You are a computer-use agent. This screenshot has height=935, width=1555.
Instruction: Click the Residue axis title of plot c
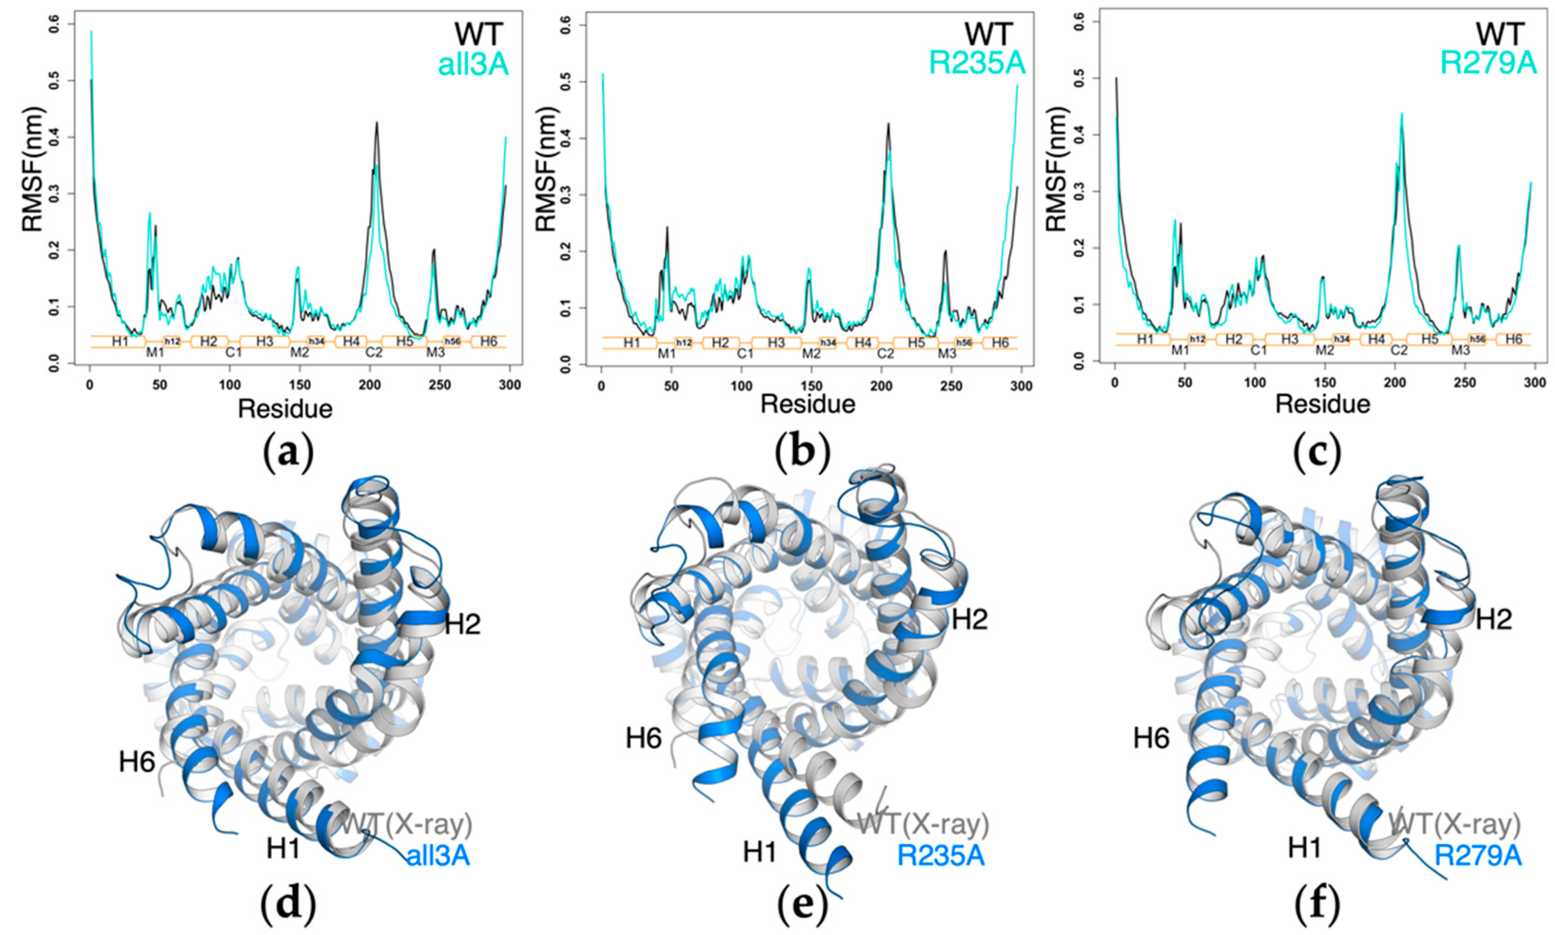coord(1322,404)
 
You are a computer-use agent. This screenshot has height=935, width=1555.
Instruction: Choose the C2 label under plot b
coord(885,354)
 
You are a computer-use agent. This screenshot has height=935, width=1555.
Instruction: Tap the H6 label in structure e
coord(643,738)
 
